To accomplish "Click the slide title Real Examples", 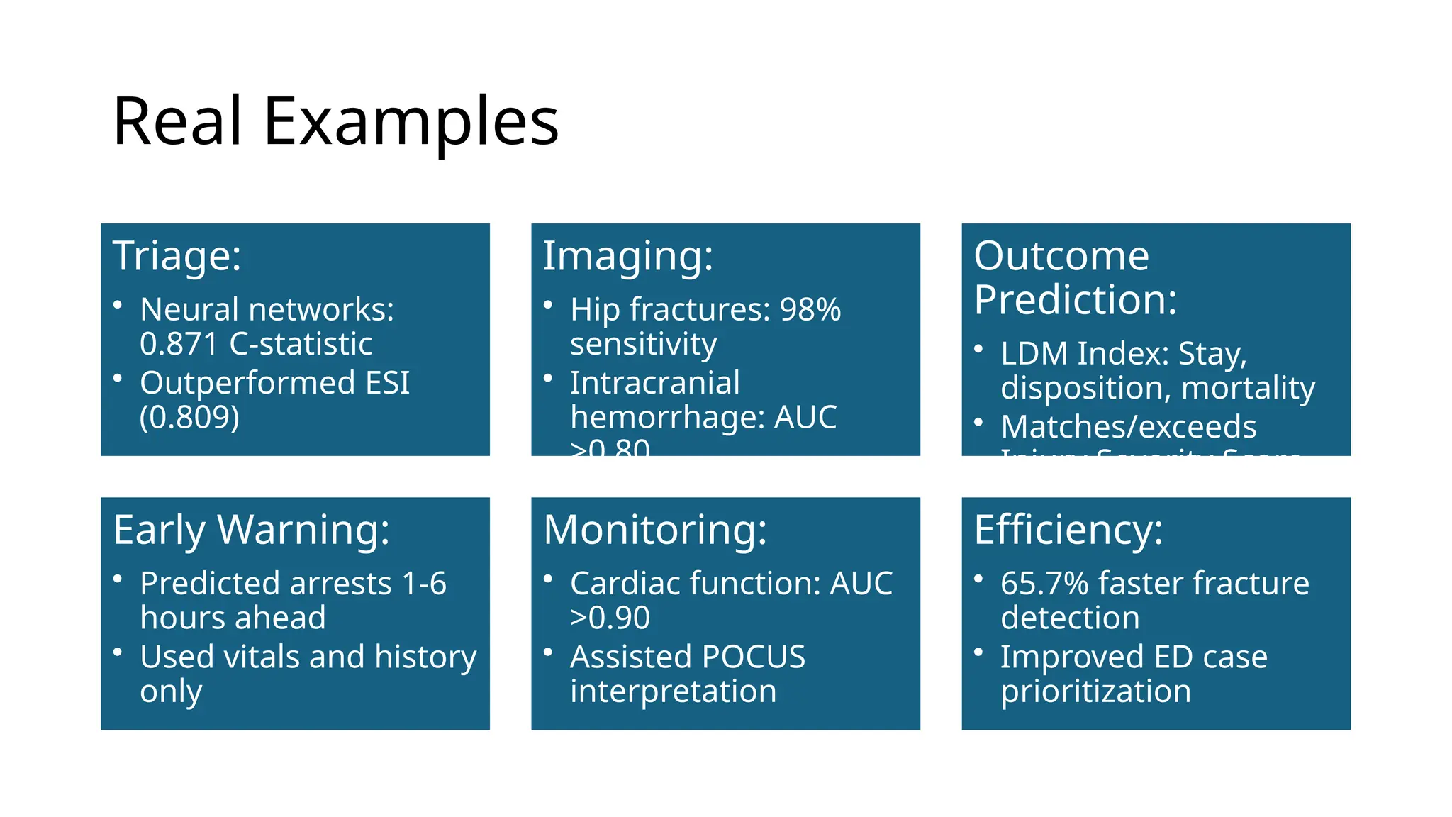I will tap(335, 122).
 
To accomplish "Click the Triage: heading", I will tap(177, 256).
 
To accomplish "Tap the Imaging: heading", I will tap(627, 256).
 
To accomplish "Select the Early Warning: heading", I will tap(251, 530).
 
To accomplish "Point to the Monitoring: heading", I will tap(654, 530).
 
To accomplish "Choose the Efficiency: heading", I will tap(1068, 530).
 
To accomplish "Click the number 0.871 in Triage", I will tap(179, 345).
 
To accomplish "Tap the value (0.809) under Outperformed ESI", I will tap(189, 417).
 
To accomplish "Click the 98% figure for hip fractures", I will tap(810, 310).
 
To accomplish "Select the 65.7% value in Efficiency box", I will tap(1044, 584).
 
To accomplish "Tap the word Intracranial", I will tap(654, 384).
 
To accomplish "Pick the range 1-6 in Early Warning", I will tap(423, 584).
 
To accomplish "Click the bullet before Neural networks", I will tap(118, 306).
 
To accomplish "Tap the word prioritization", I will tap(1095, 691).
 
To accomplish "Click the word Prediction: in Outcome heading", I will tap(1075, 300).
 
